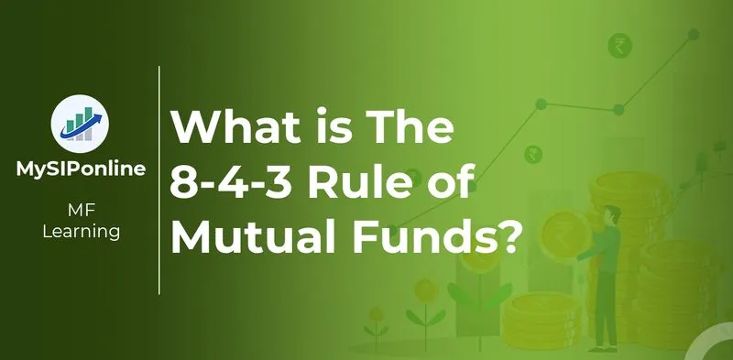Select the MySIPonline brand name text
point(80,170)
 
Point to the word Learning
point(81,232)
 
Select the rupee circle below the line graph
point(531,154)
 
